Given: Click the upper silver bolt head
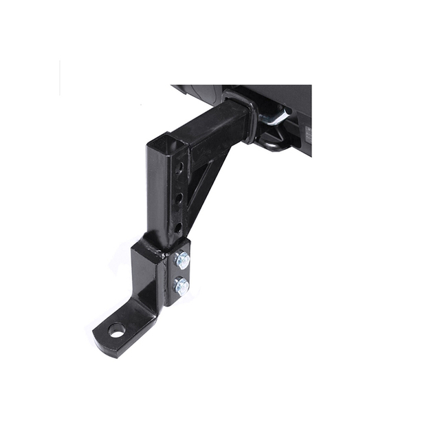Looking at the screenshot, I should click(x=182, y=260).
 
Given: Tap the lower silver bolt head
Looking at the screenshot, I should click(x=181, y=285).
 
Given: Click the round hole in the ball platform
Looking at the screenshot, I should click(x=117, y=330).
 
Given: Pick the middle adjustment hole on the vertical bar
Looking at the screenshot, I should click(x=179, y=198).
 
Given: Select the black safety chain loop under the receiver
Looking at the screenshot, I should click(x=273, y=144).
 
